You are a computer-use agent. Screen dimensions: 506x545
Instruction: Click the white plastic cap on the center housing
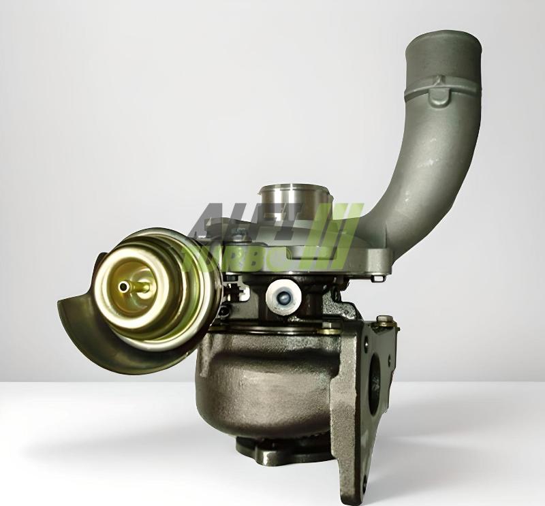(x=283, y=295)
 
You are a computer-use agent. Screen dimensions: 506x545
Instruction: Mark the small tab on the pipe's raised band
(x=438, y=85)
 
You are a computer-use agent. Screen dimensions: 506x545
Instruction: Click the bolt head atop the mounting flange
(x=384, y=319)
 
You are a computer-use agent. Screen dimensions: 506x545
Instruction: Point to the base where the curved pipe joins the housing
(x=371, y=238)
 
